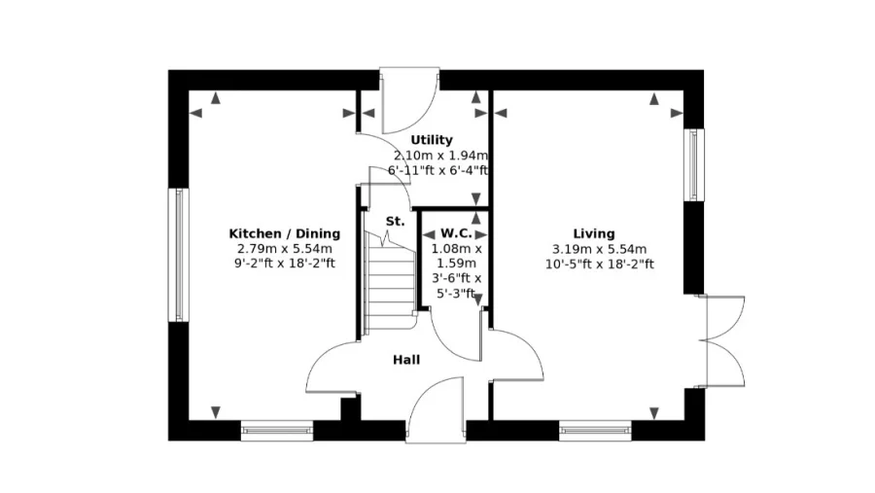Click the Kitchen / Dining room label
click(285, 234)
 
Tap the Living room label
click(594, 234)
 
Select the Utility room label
click(432, 140)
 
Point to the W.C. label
click(456, 233)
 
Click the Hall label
click(406, 360)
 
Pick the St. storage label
click(395, 222)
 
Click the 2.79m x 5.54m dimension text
click(285, 249)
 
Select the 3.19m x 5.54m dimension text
click(599, 249)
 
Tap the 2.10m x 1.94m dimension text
click(440, 156)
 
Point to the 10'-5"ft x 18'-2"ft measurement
click(599, 264)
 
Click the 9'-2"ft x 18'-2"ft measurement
click(285, 264)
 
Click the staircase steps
click(390, 282)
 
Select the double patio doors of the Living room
click(724, 340)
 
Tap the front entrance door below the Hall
click(436, 409)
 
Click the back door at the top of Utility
click(409, 100)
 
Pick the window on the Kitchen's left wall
click(179, 255)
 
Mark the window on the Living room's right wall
click(693, 164)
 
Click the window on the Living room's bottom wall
click(595, 431)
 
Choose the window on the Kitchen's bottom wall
click(277, 431)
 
